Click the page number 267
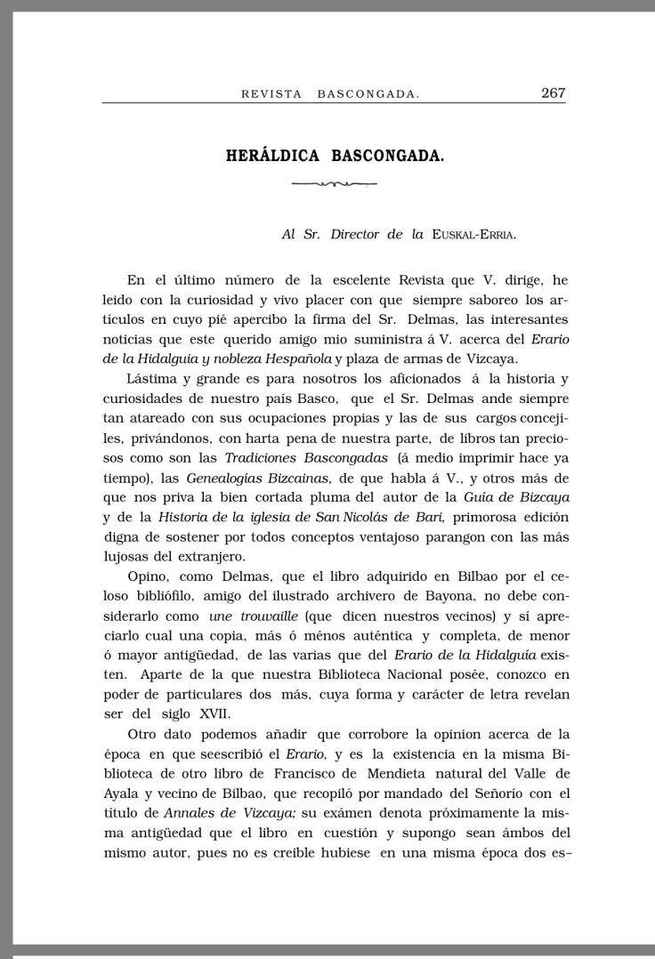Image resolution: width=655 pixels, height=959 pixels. point(553,93)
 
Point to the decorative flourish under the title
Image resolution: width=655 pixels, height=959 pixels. point(335,184)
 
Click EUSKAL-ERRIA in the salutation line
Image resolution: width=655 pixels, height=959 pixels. point(473,235)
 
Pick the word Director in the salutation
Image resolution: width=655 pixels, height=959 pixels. point(360,235)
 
